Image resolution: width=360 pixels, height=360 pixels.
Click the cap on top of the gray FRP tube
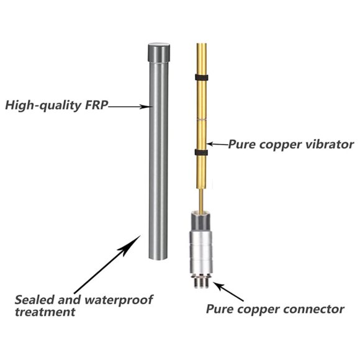tap(159, 52)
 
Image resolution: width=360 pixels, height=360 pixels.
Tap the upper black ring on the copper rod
tap(202, 78)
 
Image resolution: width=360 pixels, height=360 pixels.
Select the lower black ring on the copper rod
tap(201, 152)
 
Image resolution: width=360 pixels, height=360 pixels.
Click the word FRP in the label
tap(96, 105)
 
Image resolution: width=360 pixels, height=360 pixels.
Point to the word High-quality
tap(43, 106)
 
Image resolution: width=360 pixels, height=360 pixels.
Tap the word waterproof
tap(119, 300)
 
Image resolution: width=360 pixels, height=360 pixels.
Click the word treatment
tap(45, 312)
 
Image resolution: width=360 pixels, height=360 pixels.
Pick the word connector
tap(313, 309)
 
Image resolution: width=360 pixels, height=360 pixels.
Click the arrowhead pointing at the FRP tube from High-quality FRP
tap(145, 107)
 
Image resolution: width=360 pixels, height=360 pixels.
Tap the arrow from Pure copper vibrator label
tap(218, 144)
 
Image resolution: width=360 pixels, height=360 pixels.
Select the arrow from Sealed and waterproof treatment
tap(107, 264)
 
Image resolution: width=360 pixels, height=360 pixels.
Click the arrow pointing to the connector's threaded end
tap(228, 292)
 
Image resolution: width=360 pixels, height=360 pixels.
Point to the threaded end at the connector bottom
tap(201, 282)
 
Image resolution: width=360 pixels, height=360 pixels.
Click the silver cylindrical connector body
tap(201, 252)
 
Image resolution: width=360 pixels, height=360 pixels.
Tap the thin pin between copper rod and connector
tap(201, 200)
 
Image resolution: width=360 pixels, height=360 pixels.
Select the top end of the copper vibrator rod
tap(201, 43)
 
